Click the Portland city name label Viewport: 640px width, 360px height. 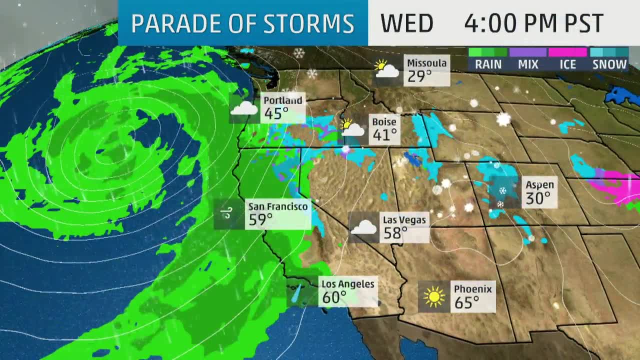click(283, 100)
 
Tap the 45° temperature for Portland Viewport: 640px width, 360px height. click(276, 114)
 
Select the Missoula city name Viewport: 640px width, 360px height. click(426, 63)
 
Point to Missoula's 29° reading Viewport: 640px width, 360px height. click(419, 76)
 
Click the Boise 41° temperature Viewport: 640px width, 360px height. click(384, 134)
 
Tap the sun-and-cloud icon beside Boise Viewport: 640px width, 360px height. click(352, 128)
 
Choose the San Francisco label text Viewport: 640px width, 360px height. click(278, 206)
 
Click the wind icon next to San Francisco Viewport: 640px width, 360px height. click(226, 214)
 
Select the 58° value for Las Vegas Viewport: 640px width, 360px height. click(395, 233)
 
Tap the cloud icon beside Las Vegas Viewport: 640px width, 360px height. click(363, 228)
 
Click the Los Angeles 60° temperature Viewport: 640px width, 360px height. click(334, 297)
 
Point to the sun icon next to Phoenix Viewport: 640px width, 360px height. click(434, 297)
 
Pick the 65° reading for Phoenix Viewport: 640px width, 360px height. click(467, 302)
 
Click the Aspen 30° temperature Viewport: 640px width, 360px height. click(537, 198)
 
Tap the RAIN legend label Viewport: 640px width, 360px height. click(488, 64)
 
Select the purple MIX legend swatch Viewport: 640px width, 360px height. click(528, 52)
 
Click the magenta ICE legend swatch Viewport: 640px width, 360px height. click(567, 52)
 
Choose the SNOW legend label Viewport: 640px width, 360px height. click(609, 64)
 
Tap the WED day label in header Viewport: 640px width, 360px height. click(406, 23)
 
